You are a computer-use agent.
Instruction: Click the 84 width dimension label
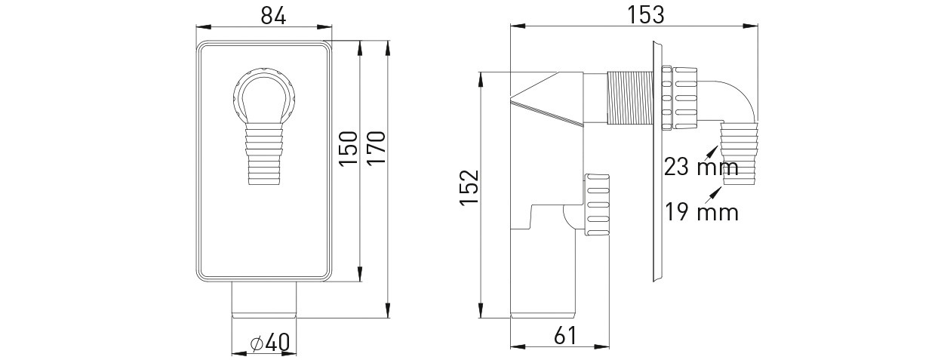coord(273,16)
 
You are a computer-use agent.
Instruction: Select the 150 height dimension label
coord(349,149)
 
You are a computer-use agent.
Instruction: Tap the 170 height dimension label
coord(377,149)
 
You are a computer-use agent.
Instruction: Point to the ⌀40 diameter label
coord(270,343)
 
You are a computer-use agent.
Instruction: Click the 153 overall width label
coord(646,15)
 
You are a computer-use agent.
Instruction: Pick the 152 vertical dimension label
coord(469,188)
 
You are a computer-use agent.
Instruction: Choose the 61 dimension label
coord(565,336)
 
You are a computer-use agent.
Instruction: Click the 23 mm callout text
coord(701,167)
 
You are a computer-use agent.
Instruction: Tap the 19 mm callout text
coord(701,212)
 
